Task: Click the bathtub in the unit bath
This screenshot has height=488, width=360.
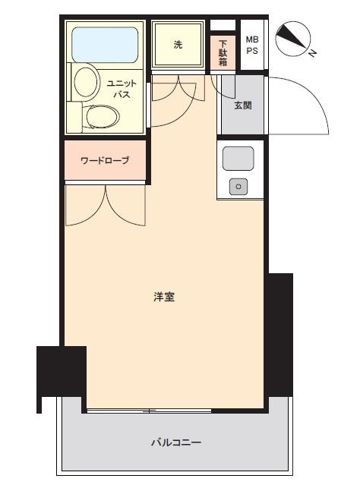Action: (105, 45)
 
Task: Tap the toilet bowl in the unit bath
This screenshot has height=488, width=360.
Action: (103, 117)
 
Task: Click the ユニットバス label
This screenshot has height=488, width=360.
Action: (122, 89)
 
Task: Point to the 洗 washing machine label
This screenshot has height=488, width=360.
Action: (178, 45)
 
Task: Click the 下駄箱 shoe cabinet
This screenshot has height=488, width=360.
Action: (223, 52)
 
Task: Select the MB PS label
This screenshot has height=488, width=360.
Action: (252, 45)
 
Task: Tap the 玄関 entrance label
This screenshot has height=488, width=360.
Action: (243, 105)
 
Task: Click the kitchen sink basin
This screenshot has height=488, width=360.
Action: (238, 159)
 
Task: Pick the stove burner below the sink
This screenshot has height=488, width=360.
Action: (238, 187)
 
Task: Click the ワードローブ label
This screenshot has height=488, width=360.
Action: (105, 161)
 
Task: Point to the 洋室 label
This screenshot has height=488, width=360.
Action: (164, 297)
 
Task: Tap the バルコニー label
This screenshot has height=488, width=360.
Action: (176, 442)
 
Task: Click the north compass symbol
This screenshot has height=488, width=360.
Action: (292, 39)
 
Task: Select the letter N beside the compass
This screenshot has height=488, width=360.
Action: (312, 53)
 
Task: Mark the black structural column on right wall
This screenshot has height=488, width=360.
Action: (280, 335)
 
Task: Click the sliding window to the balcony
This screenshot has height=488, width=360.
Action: (149, 411)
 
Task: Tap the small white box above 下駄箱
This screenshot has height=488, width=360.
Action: (223, 25)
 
